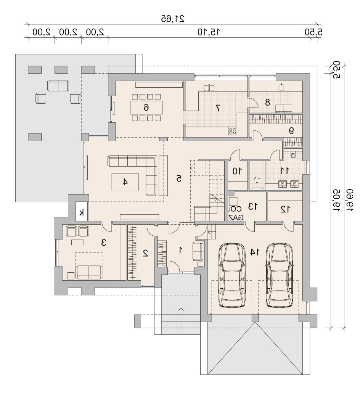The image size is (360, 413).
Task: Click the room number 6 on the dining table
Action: [146, 107]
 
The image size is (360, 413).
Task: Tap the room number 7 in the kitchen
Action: [218, 108]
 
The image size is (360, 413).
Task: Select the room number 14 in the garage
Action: [255, 252]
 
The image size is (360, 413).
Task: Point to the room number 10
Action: [237, 171]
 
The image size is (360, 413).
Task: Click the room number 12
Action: [285, 209]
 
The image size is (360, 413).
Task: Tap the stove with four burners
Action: [233, 131]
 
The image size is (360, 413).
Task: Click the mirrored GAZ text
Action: [236, 217]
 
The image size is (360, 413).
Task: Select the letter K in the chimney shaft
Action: [82, 212]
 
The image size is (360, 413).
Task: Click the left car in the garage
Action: [232, 275]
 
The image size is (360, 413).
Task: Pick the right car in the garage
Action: [279, 275]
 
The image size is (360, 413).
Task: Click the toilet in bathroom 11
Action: [293, 154]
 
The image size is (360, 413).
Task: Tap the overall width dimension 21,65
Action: [172, 19]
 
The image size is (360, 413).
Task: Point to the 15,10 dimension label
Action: [209, 32]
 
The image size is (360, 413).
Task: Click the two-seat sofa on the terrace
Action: [58, 85]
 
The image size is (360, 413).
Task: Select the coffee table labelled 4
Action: [125, 182]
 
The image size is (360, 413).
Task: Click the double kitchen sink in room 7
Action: [209, 88]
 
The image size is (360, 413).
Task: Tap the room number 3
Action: [104, 242]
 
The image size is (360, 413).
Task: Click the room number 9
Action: [291, 131]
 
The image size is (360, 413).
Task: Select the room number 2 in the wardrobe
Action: [145, 253]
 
